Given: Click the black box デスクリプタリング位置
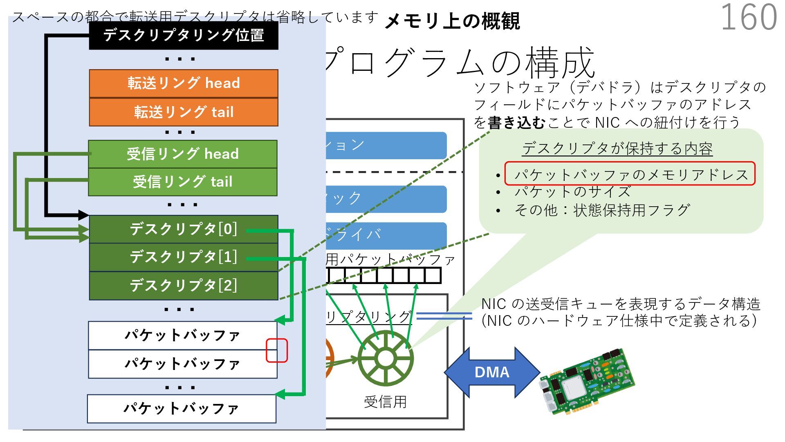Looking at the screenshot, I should coord(184,36).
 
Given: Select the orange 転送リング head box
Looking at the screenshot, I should coord(184,83).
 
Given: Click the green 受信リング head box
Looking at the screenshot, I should coord(183,154).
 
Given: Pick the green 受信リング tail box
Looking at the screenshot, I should coord(183,182).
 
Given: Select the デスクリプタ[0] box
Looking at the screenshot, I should coord(184,229).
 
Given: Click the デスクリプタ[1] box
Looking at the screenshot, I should coord(184,257).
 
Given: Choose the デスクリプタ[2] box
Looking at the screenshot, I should coord(184,286).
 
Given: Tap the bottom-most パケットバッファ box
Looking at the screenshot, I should coord(182,409).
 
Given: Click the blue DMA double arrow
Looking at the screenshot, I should coord(492,372).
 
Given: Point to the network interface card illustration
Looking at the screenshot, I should coord(587,382).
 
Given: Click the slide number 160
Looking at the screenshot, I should coord(749,17).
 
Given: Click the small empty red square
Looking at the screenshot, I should coord(277,350).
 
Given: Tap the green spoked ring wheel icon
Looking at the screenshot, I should coord(385,358).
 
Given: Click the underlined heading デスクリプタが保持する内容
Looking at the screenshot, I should coord(617,149).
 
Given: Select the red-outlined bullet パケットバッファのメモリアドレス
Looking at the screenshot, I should coord(630,174).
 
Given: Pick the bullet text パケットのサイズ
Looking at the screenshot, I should coord(572,192).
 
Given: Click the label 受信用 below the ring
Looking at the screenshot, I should coord(385,402).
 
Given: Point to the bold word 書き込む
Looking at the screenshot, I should coord(516,123).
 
